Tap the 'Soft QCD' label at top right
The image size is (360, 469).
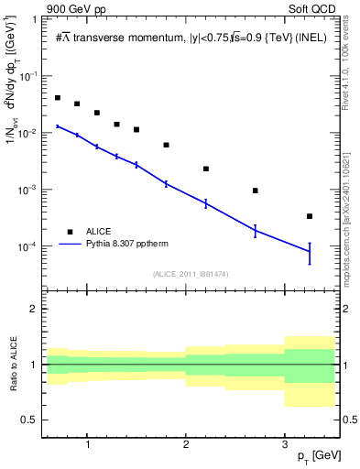(x=311, y=8)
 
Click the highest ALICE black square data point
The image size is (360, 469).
(x=58, y=98)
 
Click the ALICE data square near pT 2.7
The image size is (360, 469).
(x=256, y=191)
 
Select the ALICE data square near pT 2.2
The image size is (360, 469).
(x=206, y=169)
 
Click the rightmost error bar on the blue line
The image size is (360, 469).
(x=310, y=253)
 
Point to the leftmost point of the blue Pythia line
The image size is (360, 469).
(x=58, y=126)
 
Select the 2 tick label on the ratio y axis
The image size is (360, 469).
(x=34, y=309)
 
